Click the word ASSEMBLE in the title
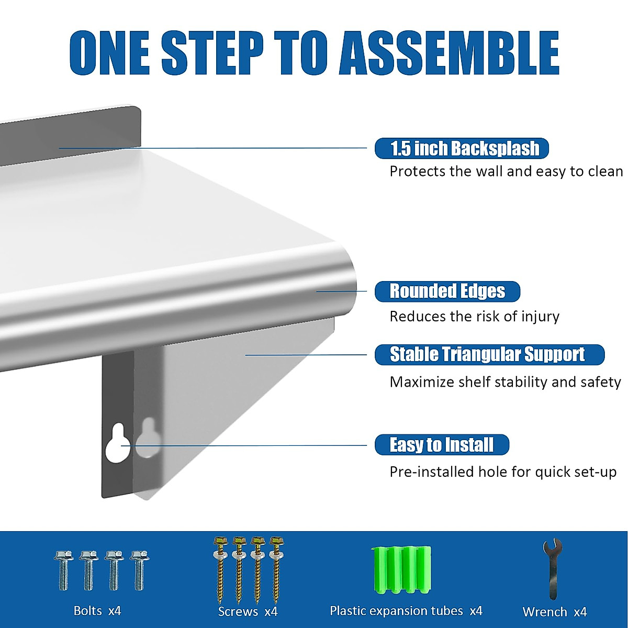pos(449,53)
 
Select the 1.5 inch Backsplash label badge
pos(462,149)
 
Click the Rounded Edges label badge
pos(447,291)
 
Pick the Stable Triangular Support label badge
pos(489,354)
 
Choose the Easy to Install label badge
pos(442,445)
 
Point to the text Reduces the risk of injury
pos(474,317)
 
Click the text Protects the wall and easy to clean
pos(506,172)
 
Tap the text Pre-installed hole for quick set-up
pos(502,472)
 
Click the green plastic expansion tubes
pos(401,570)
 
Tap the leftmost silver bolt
pos(63,570)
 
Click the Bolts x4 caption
pos(97,611)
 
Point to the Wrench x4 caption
pos(554,612)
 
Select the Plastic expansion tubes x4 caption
pos(406,611)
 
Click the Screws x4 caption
pos(248,611)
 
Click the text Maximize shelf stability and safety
pos(505,382)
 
